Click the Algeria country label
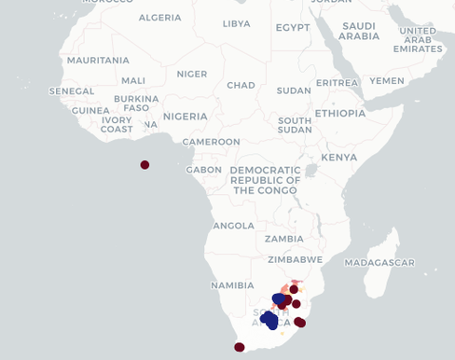pos(159,17)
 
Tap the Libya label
pos(236,23)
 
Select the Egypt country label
pos(292,27)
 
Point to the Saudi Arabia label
pos(359,31)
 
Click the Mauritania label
pos(98,60)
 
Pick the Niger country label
pos(192,74)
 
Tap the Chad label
pos(241,85)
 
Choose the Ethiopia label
pos(339,113)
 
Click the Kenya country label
pos(338,158)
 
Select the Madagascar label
pos(379,263)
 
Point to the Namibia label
pos(232,284)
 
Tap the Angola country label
pos(234,225)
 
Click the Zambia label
pos(283,238)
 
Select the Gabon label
pos(204,170)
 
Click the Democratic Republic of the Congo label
pos(265,180)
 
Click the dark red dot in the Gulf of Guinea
pos(145,165)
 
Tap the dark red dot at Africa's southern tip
pos(239,347)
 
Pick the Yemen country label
pos(387,81)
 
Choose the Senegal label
pos(72,91)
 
